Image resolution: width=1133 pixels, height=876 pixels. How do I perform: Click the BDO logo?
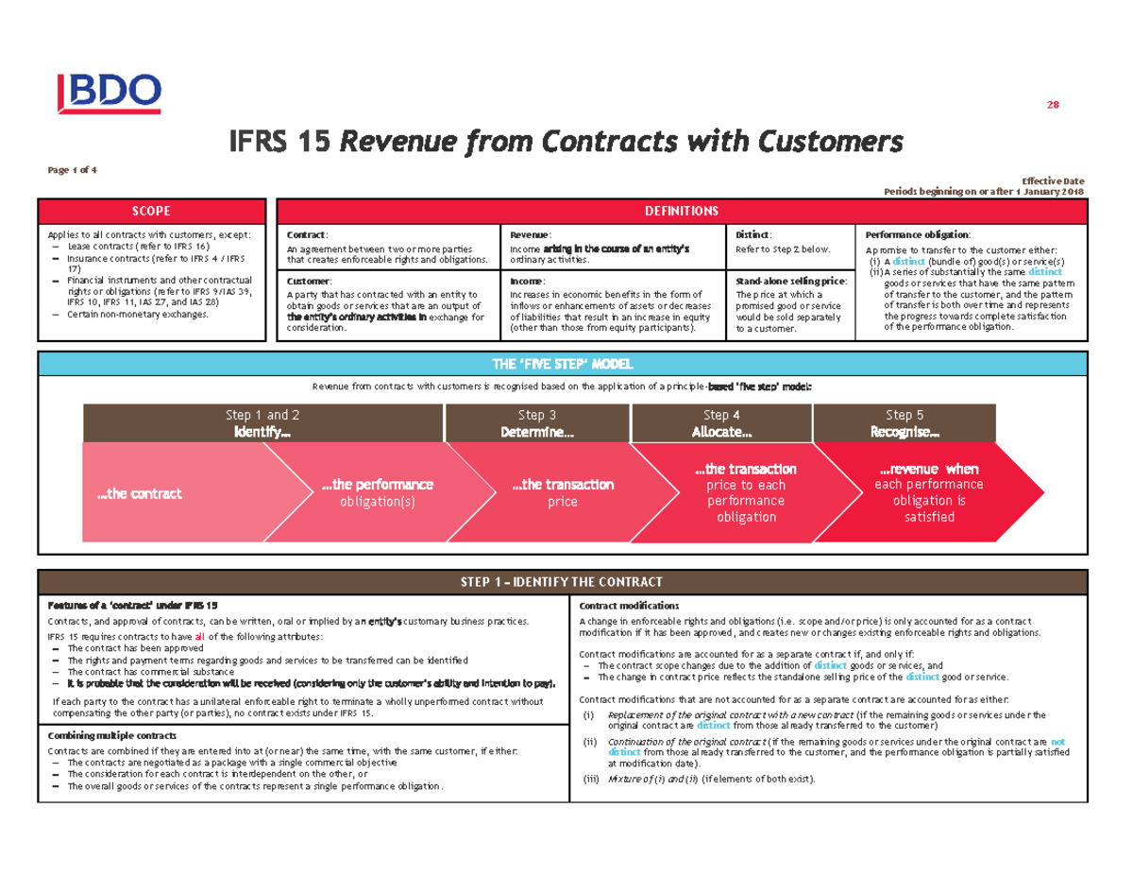click(x=110, y=93)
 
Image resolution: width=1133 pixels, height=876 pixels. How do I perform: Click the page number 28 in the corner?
click(x=1053, y=105)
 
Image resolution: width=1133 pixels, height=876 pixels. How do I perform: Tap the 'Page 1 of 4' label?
click(x=73, y=170)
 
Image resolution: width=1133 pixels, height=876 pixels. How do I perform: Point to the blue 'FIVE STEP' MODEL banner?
click(x=566, y=365)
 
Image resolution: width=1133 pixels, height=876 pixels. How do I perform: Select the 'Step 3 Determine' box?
click(x=536, y=422)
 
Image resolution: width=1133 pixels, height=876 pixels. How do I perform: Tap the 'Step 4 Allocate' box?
click(x=721, y=422)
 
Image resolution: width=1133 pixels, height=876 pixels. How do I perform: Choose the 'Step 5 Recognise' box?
click(x=904, y=422)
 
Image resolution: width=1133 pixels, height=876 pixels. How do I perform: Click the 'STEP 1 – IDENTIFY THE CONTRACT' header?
click(x=566, y=581)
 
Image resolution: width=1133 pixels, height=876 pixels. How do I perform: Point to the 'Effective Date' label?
click(x=1053, y=180)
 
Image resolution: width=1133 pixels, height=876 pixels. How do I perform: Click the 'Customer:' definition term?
click(x=309, y=282)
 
